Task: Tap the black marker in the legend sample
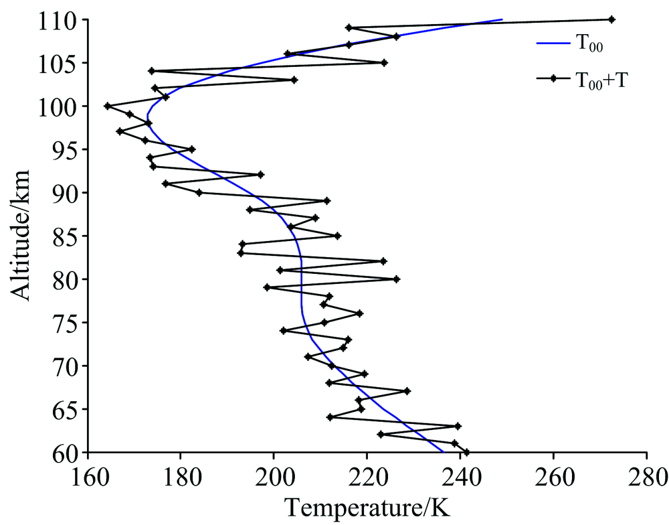tap(553, 78)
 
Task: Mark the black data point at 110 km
tap(611, 19)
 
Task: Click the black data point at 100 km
tap(107, 106)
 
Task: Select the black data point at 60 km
tap(466, 453)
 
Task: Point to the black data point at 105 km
tap(384, 62)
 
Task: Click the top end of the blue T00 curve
tap(502, 19)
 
